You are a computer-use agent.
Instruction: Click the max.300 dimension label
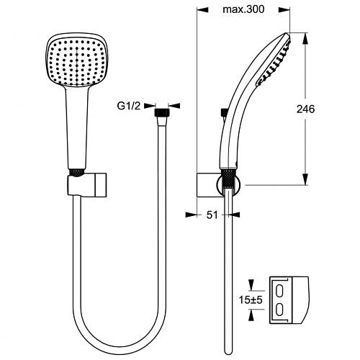coord(243,9)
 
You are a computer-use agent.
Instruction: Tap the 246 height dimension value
coord(305,109)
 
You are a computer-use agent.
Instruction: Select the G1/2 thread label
coord(129,106)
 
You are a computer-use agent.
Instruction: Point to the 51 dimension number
coord(212,215)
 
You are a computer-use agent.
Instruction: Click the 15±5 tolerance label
coord(251,300)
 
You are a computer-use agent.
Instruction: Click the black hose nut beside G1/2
coord(162,112)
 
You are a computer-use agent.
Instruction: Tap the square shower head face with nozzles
coord(76,63)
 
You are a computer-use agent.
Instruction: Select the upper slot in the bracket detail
coord(279,291)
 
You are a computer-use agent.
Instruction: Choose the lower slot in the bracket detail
coord(279,309)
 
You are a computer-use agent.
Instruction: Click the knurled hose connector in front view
coord(76,173)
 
